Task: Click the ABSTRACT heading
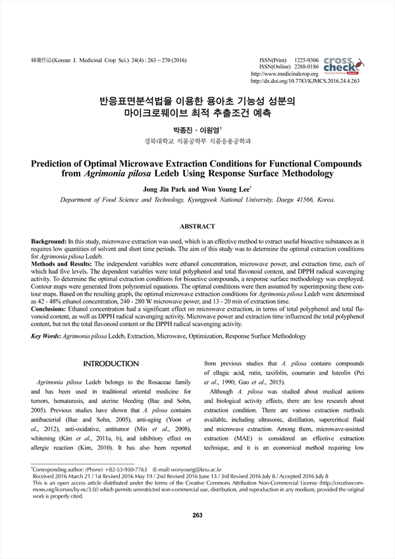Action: [x=197, y=226]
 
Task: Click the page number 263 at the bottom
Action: [x=197, y=533]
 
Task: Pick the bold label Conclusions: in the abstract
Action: [x=48, y=309]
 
